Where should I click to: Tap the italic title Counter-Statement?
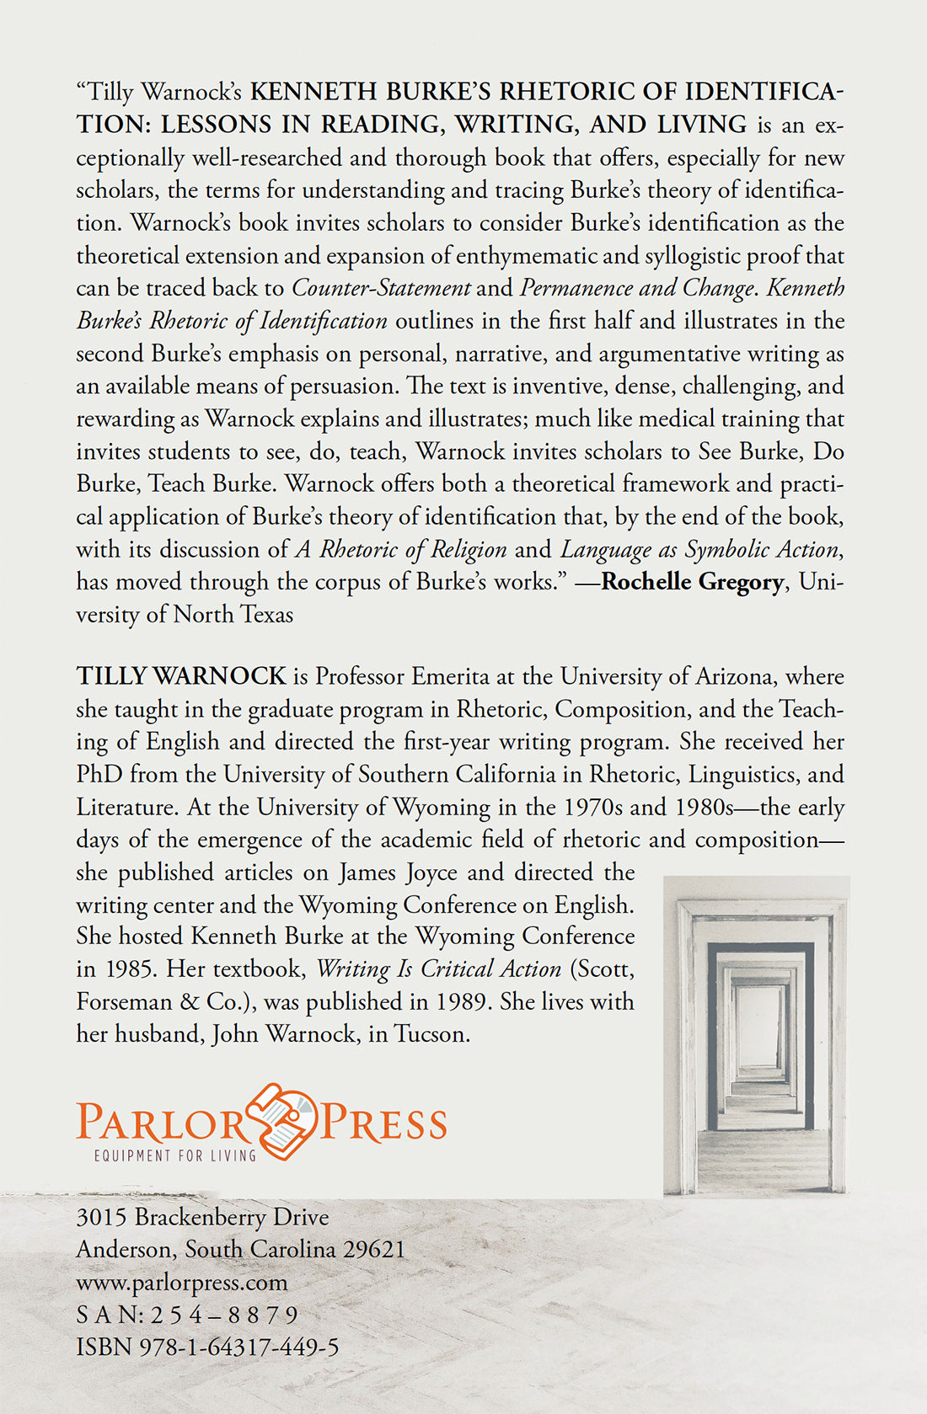[381, 288]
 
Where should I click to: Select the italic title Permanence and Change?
[636, 288]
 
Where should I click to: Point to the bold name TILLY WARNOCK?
[181, 676]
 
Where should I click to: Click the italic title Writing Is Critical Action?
[438, 968]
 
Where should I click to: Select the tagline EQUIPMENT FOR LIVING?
[175, 1155]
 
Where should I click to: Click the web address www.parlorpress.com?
[181, 1283]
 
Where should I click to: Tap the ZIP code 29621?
[373, 1250]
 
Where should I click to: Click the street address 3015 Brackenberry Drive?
[202, 1217]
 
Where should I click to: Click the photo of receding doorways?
[756, 1036]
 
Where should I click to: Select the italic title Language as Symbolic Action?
[700, 550]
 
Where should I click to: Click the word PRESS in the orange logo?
[384, 1124]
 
